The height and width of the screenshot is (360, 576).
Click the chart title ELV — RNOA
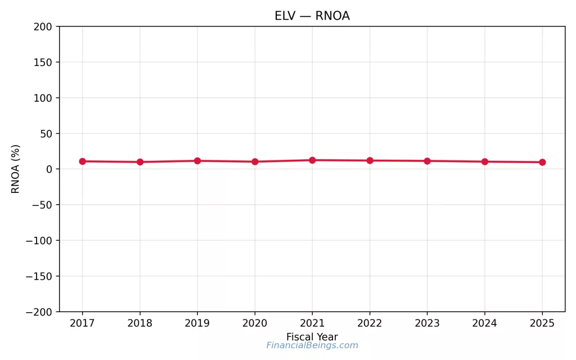click(312, 16)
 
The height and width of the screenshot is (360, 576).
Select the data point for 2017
click(83, 161)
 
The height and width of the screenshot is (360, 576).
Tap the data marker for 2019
click(197, 161)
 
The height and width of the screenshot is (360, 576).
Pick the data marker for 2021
click(312, 160)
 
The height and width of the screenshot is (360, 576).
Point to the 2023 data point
click(427, 161)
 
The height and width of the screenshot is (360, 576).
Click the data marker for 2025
click(542, 162)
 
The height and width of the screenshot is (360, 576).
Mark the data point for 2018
click(140, 162)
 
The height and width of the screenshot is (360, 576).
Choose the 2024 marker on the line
click(484, 161)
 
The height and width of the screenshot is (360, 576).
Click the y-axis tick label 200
click(42, 26)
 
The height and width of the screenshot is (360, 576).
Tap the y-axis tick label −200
click(39, 312)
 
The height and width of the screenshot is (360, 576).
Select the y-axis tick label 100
click(42, 98)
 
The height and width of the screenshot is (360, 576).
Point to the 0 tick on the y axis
click(49, 169)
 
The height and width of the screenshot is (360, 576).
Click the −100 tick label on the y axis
click(39, 241)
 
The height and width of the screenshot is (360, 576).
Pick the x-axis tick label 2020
click(255, 323)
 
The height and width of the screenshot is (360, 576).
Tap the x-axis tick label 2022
click(370, 323)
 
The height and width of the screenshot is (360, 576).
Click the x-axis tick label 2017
click(83, 323)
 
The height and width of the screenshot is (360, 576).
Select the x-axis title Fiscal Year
click(312, 337)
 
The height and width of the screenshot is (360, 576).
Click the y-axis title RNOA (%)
click(16, 169)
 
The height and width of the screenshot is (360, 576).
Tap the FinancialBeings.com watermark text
click(312, 345)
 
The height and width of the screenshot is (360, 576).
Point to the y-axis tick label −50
click(42, 205)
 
